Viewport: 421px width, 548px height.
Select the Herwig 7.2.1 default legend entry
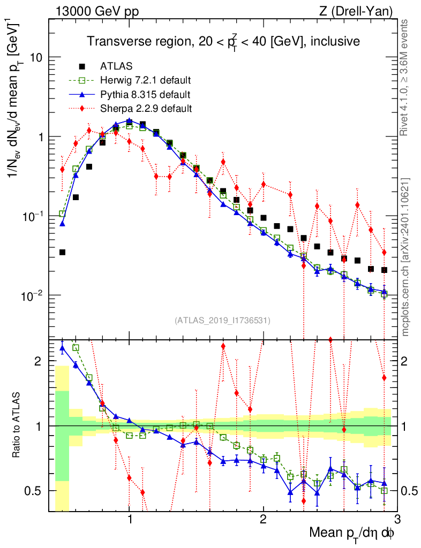click(x=145, y=81)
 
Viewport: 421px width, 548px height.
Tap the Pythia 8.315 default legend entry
click(x=145, y=95)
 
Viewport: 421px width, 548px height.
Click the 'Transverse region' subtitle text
click(x=223, y=41)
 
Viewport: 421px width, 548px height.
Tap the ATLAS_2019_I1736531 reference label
click(x=222, y=321)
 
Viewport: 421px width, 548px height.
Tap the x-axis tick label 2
click(x=264, y=521)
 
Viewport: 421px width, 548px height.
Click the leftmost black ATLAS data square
click(x=62, y=252)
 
